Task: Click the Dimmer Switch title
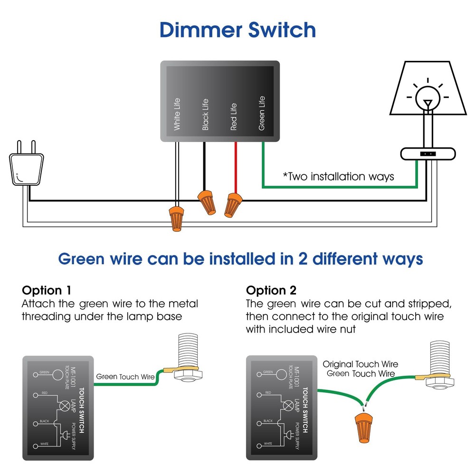[x=237, y=29]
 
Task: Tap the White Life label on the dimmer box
[x=177, y=114]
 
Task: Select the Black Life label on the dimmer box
[x=205, y=114]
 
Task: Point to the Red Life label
[x=234, y=116]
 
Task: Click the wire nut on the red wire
[x=232, y=204]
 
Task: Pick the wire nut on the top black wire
[x=206, y=201]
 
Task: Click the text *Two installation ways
[x=338, y=177]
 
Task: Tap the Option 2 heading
[x=271, y=290]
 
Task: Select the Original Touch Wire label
[x=361, y=364]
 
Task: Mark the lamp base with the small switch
[x=428, y=154]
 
